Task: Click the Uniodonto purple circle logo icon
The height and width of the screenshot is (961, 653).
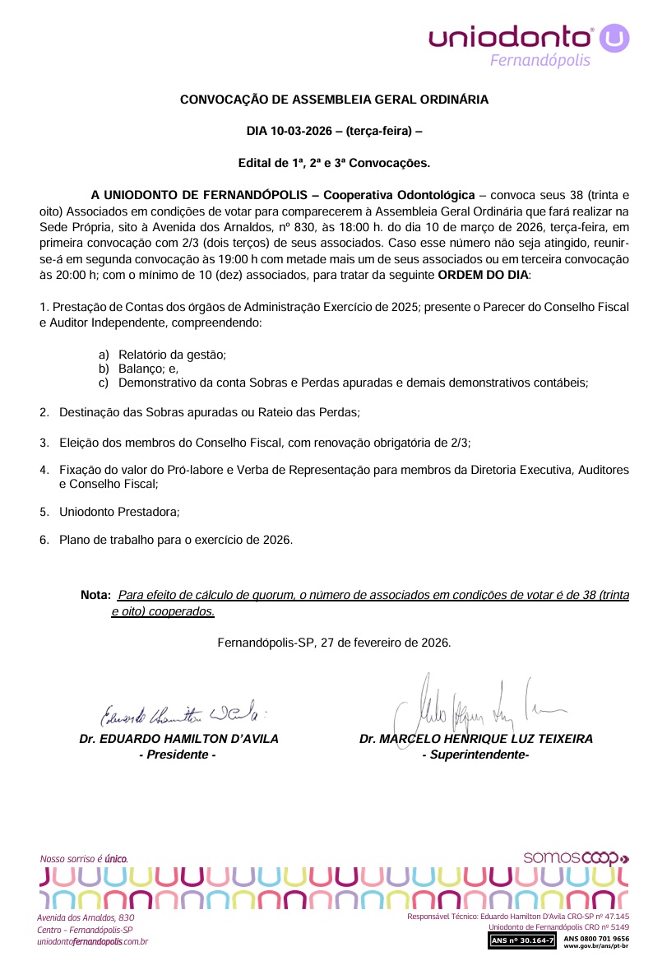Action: [x=614, y=37]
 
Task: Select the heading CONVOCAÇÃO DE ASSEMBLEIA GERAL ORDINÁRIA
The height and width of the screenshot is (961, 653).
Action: [x=334, y=100]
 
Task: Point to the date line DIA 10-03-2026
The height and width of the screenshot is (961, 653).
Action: [x=334, y=131]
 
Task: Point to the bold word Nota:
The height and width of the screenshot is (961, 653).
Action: [x=96, y=595]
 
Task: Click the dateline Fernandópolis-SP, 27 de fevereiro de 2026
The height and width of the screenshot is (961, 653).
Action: [x=334, y=643]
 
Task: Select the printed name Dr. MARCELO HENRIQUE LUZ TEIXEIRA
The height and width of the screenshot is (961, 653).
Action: [x=475, y=739]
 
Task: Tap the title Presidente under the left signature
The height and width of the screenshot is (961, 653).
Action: [x=178, y=754]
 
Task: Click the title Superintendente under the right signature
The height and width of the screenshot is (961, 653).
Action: [x=475, y=754]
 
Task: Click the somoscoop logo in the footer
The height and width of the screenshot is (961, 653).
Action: [x=576, y=857]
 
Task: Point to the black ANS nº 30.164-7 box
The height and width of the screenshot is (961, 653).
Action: [x=523, y=939]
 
